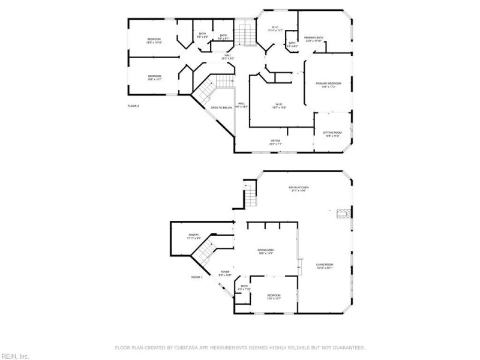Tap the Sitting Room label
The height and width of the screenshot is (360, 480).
click(332, 133)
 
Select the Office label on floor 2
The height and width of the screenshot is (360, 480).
click(275, 141)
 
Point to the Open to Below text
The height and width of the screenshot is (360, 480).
click(221, 107)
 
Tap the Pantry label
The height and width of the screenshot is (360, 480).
click(194, 235)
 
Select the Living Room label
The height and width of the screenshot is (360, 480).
click(325, 265)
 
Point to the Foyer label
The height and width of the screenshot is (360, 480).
click(224, 272)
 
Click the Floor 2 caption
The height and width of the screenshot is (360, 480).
click(133, 106)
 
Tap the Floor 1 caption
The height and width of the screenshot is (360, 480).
click(197, 277)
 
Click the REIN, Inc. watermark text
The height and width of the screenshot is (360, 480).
click(14, 356)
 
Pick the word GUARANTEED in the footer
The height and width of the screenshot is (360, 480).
click(348, 347)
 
